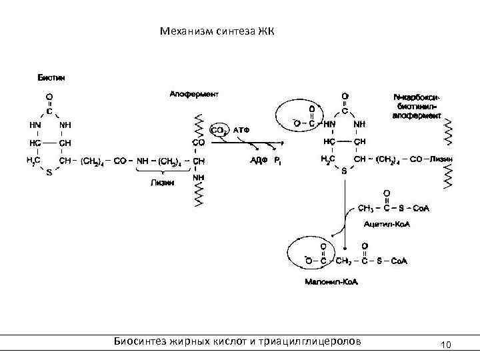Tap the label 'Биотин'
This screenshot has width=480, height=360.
click(51, 77)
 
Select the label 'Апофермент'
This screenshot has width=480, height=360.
click(194, 95)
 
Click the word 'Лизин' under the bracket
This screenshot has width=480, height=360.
click(162, 183)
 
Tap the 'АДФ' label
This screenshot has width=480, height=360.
click(259, 160)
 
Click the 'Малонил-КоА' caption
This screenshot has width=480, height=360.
click(331, 283)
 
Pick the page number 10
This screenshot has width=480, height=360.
click(446, 345)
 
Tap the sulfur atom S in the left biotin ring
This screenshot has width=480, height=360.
click(49, 172)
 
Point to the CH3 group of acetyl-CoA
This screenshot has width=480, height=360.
click(366, 209)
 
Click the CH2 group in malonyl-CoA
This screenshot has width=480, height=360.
click(344, 260)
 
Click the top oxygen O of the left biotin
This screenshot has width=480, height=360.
click(49, 98)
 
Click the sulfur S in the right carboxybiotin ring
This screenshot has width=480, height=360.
click(344, 171)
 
